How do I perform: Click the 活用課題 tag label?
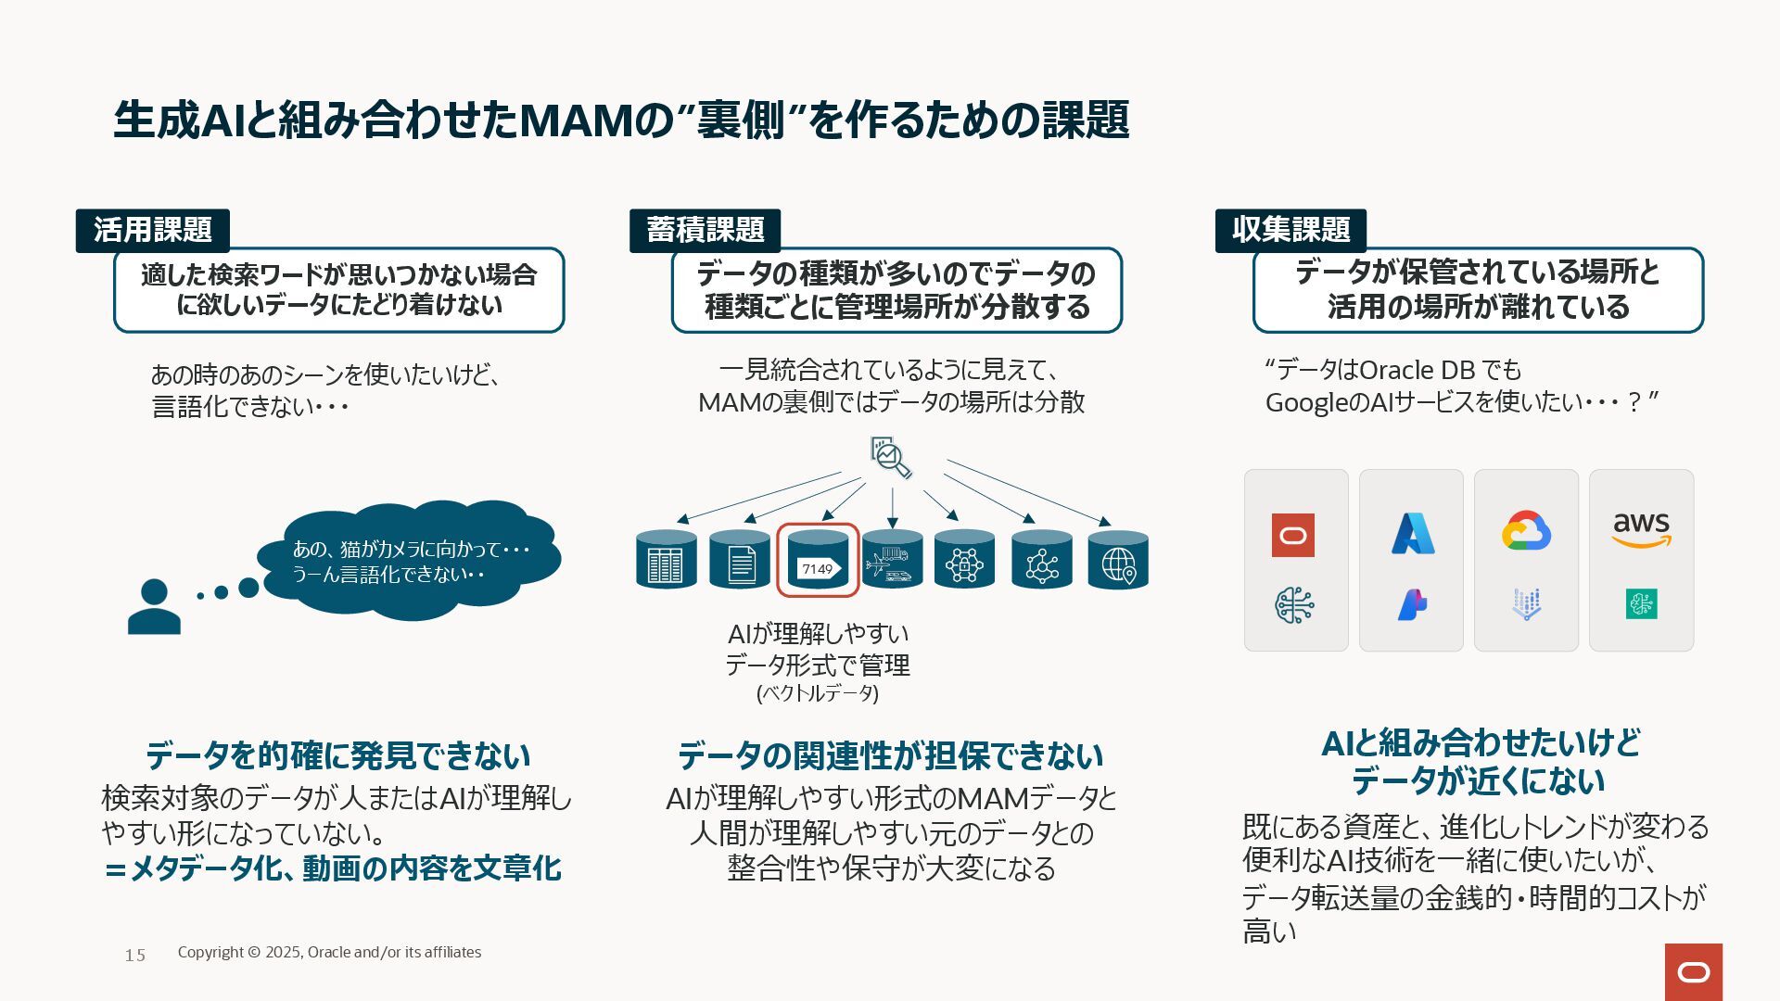152,230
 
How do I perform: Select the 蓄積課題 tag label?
705,230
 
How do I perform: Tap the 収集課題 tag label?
1290,230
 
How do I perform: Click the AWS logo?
1641,529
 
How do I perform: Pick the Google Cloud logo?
1526,531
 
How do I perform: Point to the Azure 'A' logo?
1412,533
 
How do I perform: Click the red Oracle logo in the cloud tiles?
1292,535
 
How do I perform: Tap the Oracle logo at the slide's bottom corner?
1693,972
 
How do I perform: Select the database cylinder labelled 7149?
818,560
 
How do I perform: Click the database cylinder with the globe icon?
1117,560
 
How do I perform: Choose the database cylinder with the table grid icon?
666,560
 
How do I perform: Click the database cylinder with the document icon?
740,560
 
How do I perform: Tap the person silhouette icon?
154,607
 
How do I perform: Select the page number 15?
135,955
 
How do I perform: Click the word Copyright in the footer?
210,952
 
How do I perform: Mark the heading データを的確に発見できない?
338,755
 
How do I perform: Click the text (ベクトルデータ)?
818,693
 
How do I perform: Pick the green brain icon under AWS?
1641,604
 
